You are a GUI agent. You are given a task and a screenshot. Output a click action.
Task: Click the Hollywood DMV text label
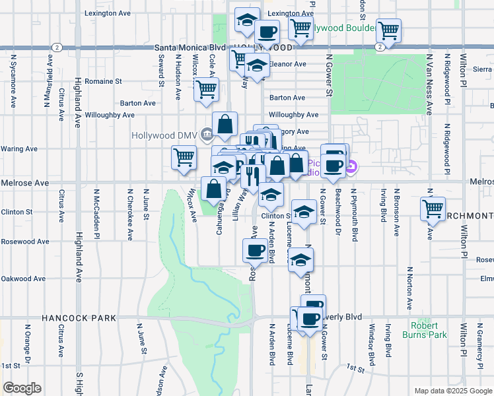click(x=164, y=135)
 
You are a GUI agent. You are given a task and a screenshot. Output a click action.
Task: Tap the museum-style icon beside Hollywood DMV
click(x=207, y=135)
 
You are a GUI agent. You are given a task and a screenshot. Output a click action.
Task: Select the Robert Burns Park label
click(x=424, y=330)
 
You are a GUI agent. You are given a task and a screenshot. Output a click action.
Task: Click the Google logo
click(x=22, y=388)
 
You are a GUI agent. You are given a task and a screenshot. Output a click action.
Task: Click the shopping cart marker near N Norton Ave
click(x=433, y=209)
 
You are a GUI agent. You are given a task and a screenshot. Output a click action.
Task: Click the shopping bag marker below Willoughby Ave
click(x=225, y=123)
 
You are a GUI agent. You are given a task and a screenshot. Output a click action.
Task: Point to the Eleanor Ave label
click(x=286, y=64)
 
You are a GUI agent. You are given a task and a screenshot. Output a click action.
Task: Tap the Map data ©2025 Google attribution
click(x=453, y=391)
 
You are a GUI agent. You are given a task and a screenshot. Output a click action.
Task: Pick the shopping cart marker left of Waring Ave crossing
click(x=184, y=158)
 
